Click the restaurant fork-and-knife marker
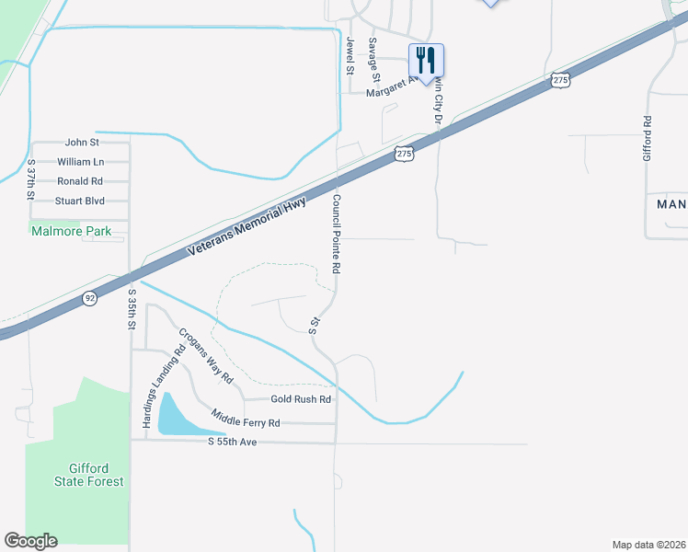click(425, 60)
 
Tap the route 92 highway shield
click(88, 298)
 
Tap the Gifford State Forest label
click(87, 475)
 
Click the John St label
click(82, 143)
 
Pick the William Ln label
click(80, 162)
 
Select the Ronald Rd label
click(80, 181)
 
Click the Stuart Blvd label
click(80, 201)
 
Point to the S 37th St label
click(31, 180)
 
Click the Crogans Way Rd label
click(206, 356)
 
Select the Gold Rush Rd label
click(300, 399)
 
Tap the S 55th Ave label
click(232, 443)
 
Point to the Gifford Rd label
click(648, 133)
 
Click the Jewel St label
click(350, 55)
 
